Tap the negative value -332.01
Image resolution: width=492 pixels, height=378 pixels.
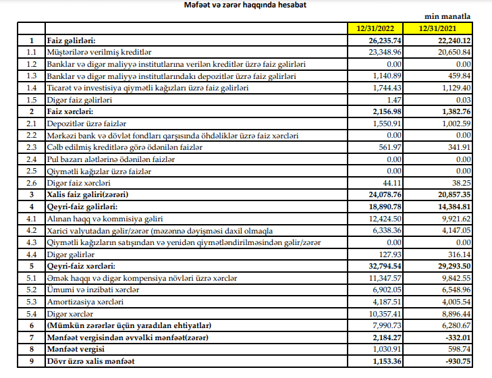tap(458, 336)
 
